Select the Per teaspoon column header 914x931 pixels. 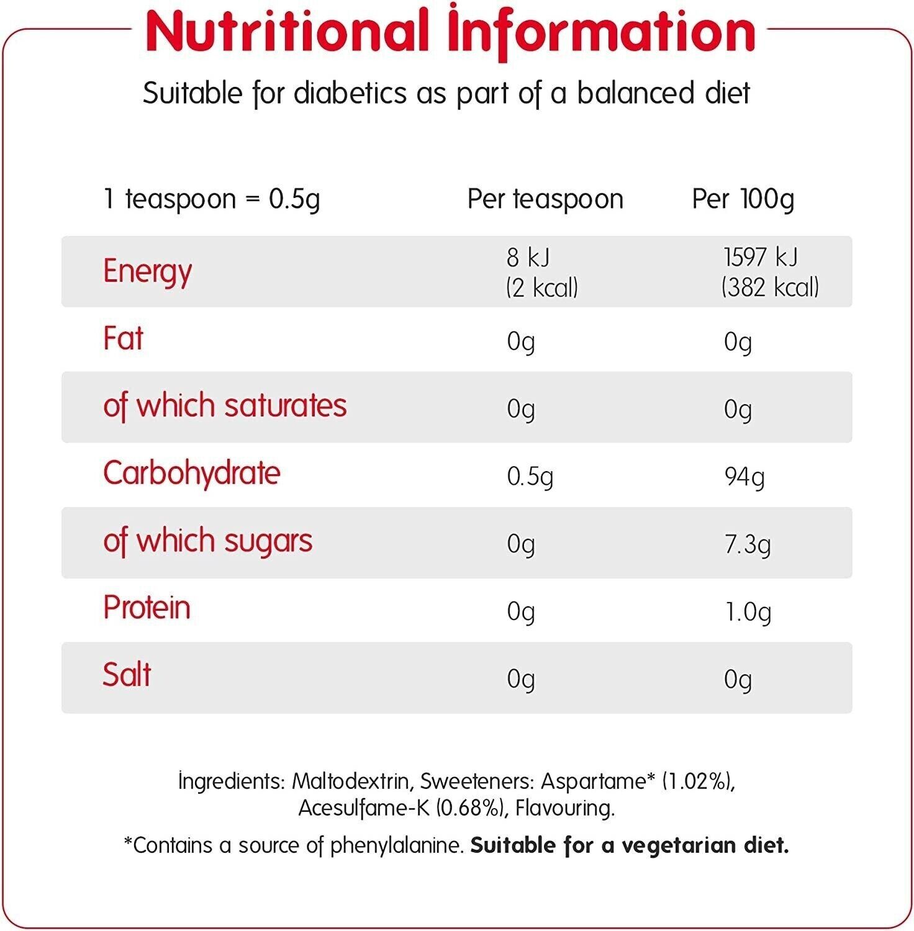(x=545, y=199)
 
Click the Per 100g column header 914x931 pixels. (x=743, y=199)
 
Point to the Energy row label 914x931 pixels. (x=148, y=271)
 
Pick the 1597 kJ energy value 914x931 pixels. (x=761, y=257)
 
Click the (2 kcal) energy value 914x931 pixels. (x=541, y=287)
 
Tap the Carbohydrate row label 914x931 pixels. (x=192, y=474)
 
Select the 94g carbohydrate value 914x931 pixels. (x=744, y=477)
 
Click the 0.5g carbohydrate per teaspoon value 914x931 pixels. (x=530, y=477)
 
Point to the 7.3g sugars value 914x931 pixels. (x=748, y=544)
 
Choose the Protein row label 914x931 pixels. (x=147, y=608)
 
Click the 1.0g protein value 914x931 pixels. (x=748, y=612)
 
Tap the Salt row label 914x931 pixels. (x=127, y=675)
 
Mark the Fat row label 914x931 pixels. (x=124, y=339)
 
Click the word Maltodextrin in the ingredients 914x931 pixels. (x=350, y=781)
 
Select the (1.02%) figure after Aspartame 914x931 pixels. (x=698, y=781)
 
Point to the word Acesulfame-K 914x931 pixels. (x=364, y=808)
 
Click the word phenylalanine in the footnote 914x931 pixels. (x=397, y=845)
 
